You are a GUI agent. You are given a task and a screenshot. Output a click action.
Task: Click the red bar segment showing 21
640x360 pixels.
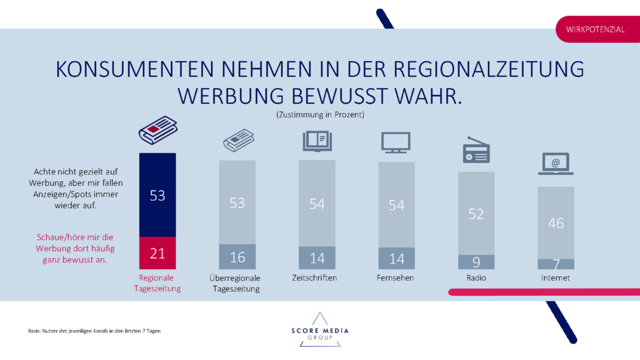157,253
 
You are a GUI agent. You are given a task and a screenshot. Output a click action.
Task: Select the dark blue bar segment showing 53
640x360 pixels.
157,195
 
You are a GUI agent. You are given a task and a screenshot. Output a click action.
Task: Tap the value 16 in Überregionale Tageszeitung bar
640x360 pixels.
237,257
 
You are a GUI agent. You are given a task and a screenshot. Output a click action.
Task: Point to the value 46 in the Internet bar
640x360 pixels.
556,223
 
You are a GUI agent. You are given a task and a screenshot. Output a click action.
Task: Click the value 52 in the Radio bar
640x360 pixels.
476,214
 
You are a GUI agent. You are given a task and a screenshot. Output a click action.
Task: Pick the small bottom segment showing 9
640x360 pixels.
476,262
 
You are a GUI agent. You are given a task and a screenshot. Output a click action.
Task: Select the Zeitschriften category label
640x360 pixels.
314,278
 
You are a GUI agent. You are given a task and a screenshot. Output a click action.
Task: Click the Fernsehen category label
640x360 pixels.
395,278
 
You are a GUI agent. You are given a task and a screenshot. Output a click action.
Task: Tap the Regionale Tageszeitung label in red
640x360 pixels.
157,283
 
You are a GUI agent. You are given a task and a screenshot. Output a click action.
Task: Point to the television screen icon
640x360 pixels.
396,142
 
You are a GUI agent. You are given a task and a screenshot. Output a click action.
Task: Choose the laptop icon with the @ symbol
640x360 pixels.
556,164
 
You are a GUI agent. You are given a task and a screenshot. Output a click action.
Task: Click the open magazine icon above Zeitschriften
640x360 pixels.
317,141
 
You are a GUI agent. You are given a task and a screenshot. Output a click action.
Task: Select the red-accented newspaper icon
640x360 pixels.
158,130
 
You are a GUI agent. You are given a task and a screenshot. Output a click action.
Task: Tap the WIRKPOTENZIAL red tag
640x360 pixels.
596,29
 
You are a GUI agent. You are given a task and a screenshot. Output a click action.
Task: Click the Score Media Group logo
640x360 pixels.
320,331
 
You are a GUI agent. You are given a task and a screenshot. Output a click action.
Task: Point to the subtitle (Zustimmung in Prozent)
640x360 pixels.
320,115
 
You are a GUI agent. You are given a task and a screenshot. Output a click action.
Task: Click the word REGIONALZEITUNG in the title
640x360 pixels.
489,70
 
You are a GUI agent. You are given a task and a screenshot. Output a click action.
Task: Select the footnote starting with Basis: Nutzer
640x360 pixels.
94,331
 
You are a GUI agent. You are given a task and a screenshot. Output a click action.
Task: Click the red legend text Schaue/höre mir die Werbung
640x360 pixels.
75,248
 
